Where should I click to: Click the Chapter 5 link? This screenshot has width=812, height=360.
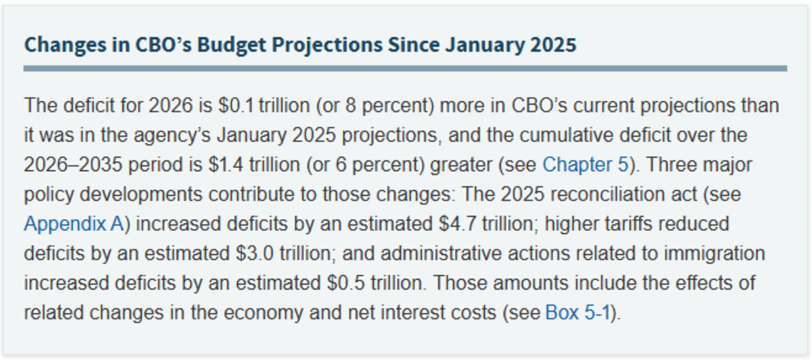(587, 164)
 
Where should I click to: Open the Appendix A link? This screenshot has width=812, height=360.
(74, 223)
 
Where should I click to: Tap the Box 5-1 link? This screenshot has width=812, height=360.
(579, 314)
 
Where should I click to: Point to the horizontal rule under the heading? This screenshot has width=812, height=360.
(405, 68)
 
